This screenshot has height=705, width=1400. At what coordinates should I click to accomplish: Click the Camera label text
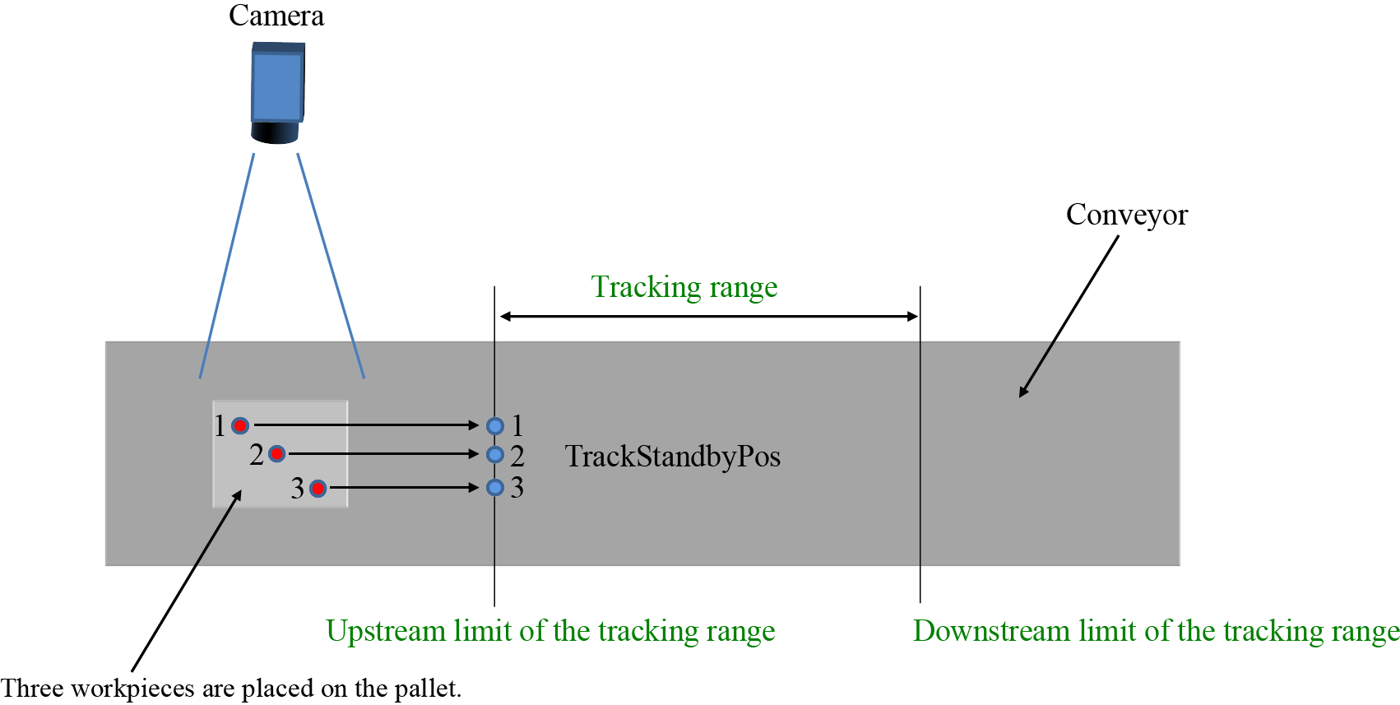pyautogui.click(x=276, y=16)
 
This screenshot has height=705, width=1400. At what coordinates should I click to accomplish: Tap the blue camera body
pyautogui.click(x=277, y=85)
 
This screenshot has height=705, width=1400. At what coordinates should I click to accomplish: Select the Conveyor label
pyautogui.click(x=1126, y=215)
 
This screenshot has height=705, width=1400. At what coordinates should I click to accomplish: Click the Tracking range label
pyautogui.click(x=684, y=287)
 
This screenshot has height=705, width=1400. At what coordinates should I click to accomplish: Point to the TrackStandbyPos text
pyautogui.click(x=672, y=457)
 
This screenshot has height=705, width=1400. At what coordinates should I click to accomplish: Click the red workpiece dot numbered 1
pyautogui.click(x=240, y=425)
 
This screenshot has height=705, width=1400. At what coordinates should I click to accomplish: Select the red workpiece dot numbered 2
pyautogui.click(x=277, y=453)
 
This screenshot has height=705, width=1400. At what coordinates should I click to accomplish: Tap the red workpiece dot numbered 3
pyautogui.click(x=318, y=489)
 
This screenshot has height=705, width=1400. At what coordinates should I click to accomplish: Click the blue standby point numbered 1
pyautogui.click(x=494, y=425)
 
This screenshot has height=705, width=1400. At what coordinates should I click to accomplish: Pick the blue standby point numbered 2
pyautogui.click(x=494, y=454)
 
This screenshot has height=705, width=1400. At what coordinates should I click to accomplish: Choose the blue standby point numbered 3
pyautogui.click(x=494, y=488)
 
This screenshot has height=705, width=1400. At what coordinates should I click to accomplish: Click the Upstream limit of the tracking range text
pyautogui.click(x=550, y=631)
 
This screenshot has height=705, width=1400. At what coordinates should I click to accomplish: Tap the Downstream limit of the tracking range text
pyautogui.click(x=1156, y=631)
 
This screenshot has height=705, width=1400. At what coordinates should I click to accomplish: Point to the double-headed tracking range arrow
pyautogui.click(x=708, y=316)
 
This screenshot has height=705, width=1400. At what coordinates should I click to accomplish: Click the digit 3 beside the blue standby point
pyautogui.click(x=517, y=488)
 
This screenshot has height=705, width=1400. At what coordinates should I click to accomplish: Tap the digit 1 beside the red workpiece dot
pyautogui.click(x=220, y=425)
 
